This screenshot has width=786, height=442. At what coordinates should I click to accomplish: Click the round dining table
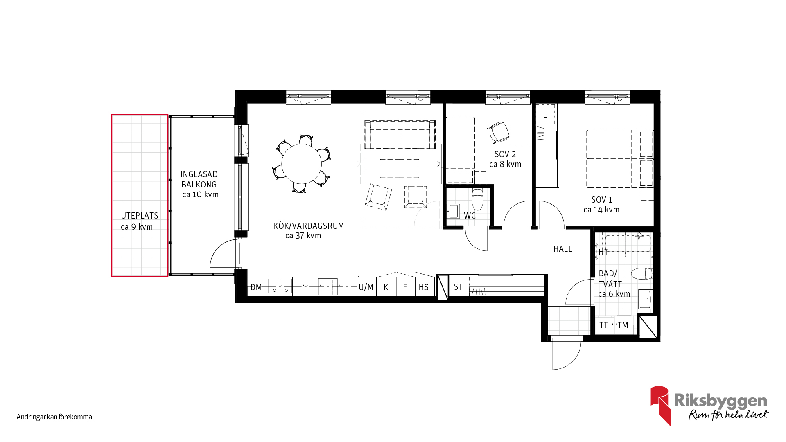pyautogui.click(x=301, y=164)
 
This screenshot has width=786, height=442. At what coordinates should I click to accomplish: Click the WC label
pyautogui.click(x=470, y=216)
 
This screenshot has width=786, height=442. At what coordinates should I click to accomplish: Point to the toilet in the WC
pyautogui.click(x=477, y=199)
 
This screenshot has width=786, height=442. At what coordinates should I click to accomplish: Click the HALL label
pyautogui.click(x=563, y=249)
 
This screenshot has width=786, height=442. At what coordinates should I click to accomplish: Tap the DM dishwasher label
pyautogui.click(x=256, y=287)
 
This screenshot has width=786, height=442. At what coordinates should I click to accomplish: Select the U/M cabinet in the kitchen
pyautogui.click(x=366, y=287)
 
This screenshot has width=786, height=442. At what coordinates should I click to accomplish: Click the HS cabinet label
pyautogui.click(x=424, y=287)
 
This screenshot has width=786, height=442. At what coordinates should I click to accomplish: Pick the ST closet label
pyautogui.click(x=458, y=287)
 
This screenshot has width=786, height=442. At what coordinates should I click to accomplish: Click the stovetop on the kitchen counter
pyautogui.click(x=328, y=287)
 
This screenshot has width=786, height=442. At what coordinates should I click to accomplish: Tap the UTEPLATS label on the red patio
pyautogui.click(x=140, y=216)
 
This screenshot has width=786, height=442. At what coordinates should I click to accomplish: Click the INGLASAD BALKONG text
pyautogui.click(x=199, y=179)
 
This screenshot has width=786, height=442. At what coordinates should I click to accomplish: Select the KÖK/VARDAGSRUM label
pyautogui.click(x=309, y=226)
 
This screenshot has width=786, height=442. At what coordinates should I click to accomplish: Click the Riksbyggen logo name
pyautogui.click(x=720, y=401)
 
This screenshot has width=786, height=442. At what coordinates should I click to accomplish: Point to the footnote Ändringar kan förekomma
pyautogui.click(x=55, y=417)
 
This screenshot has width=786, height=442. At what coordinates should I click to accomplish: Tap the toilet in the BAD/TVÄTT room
pyautogui.click(x=641, y=273)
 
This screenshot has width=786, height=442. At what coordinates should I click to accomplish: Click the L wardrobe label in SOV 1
pyautogui.click(x=545, y=115)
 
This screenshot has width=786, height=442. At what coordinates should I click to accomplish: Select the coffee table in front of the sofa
pyautogui.click(x=400, y=168)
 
